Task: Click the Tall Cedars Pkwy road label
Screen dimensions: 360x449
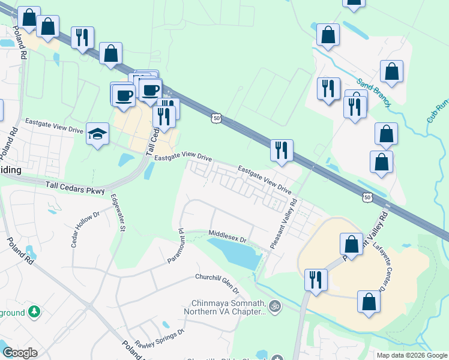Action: click(x=74, y=188)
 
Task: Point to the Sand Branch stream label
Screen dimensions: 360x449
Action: click(x=373, y=92)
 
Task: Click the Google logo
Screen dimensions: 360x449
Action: click(x=20, y=353)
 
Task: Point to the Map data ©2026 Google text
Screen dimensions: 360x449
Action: click(x=412, y=355)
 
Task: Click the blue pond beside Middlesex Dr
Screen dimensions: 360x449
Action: click(x=235, y=252)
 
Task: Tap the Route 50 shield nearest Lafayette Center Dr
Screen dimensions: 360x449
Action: click(x=367, y=197)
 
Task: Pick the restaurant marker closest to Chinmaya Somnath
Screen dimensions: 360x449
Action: click(x=315, y=279)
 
